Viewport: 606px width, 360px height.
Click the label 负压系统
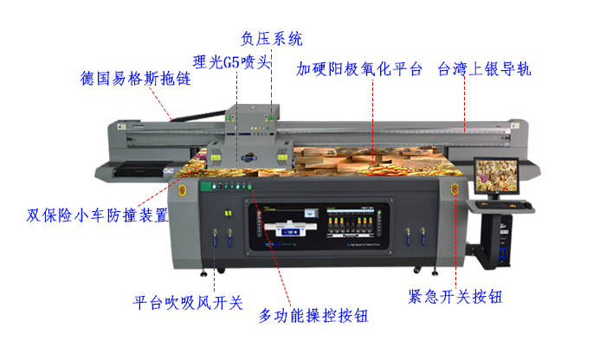click(271, 39)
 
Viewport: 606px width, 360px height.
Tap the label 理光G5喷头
click(232, 61)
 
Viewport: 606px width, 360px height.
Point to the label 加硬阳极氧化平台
click(358, 67)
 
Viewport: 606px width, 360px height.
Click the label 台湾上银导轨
click(489, 67)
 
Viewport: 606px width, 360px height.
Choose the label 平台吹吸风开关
click(187, 303)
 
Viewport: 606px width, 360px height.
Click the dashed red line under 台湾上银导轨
click(467, 104)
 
